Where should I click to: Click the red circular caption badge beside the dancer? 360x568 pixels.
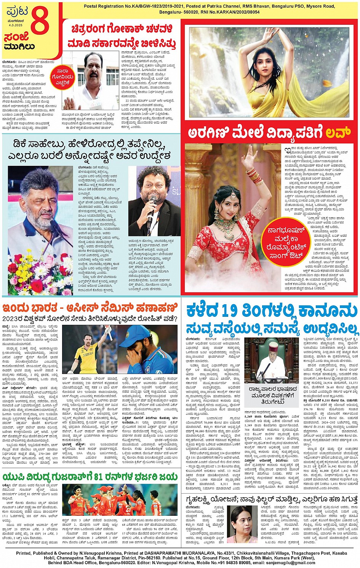(286, 242)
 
